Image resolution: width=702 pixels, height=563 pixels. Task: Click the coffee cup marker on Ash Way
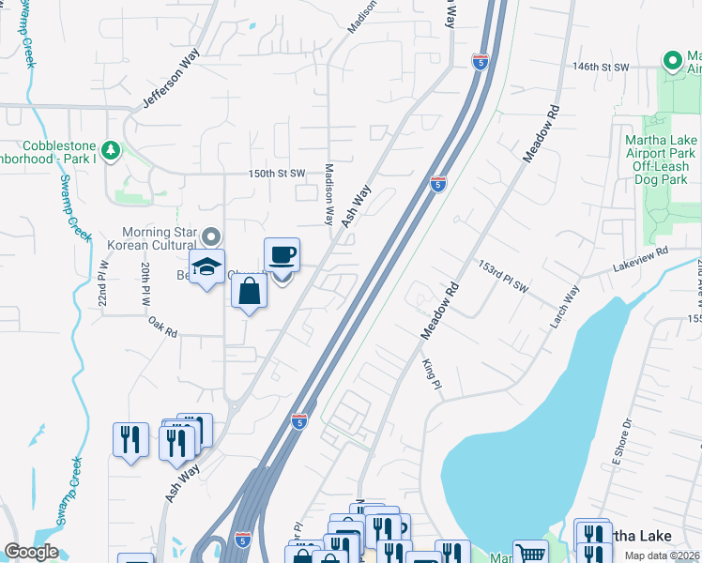(282, 255)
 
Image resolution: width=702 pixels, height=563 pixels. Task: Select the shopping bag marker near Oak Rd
(249, 290)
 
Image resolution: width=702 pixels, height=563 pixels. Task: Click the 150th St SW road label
(277, 174)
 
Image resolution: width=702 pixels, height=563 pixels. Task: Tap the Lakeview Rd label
(639, 259)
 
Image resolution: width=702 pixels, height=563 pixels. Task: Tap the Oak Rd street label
(162, 326)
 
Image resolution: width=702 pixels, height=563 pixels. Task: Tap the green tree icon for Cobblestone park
(111, 149)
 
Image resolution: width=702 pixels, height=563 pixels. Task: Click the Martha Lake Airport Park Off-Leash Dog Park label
(660, 160)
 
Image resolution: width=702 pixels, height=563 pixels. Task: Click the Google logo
(31, 552)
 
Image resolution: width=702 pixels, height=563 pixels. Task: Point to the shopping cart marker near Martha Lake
(530, 553)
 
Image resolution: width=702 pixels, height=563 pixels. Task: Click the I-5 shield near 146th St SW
(481, 63)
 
